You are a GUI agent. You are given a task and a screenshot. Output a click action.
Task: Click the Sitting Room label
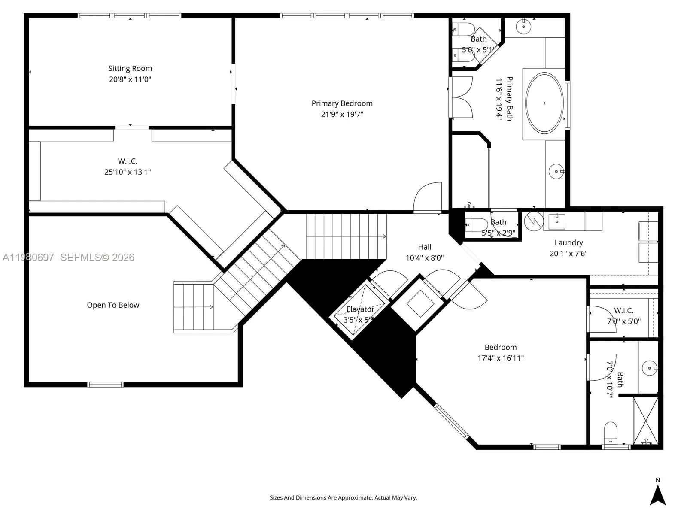130,68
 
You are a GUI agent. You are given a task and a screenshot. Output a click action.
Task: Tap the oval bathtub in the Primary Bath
544,103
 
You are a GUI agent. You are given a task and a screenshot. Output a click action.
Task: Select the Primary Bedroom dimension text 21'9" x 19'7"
342,114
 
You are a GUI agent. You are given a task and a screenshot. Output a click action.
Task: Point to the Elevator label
360,309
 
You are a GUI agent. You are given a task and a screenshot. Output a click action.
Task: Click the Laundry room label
568,242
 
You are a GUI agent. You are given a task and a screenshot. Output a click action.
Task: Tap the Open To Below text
113,305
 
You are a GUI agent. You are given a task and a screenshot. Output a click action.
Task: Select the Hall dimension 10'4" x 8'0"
424,258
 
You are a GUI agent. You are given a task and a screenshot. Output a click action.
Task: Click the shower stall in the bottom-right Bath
645,421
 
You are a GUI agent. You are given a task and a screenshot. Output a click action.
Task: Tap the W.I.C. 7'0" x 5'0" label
623,310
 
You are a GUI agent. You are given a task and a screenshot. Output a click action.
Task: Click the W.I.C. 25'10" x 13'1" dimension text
128,172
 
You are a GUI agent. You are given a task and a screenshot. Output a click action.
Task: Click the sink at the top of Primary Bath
524,27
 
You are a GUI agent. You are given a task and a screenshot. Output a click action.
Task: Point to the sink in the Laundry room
556,221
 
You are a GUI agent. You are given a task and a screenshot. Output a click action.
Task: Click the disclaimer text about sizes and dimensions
343,498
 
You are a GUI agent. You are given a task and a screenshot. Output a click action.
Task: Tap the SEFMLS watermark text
97,257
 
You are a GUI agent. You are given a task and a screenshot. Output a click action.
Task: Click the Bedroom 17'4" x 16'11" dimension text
500,358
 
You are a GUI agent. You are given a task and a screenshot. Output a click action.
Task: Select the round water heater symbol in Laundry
534,221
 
